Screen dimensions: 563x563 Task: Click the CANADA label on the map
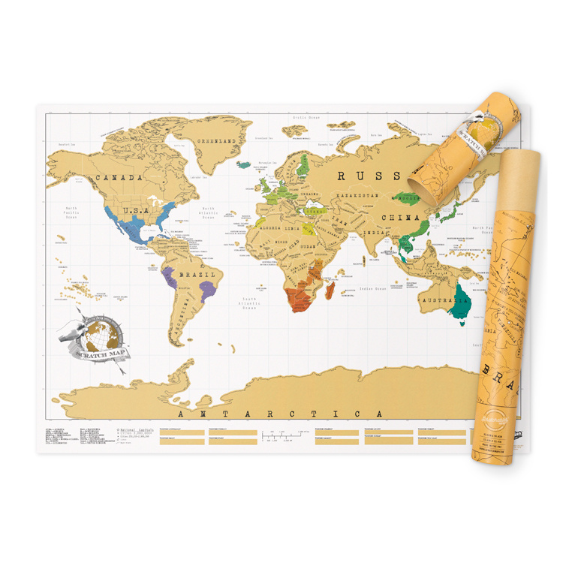(118, 178)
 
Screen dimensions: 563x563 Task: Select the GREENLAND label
(216, 141)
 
